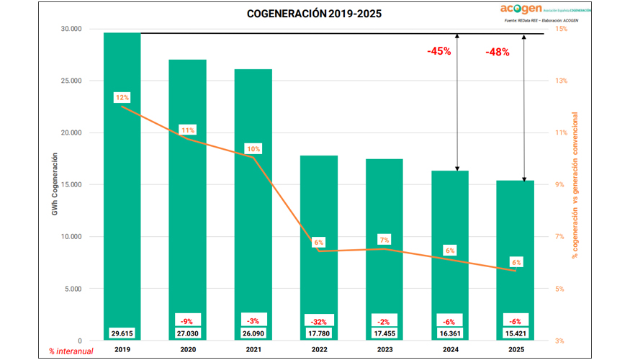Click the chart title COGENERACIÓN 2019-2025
315,14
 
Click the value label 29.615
122,333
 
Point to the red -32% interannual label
319,320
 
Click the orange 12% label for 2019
122,97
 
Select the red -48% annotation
497,52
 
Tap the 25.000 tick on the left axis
71,81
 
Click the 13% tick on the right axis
560,81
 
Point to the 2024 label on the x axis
450,350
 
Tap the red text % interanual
66,351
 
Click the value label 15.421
516,333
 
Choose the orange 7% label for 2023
384,239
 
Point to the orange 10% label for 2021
253,149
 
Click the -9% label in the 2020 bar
187,320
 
